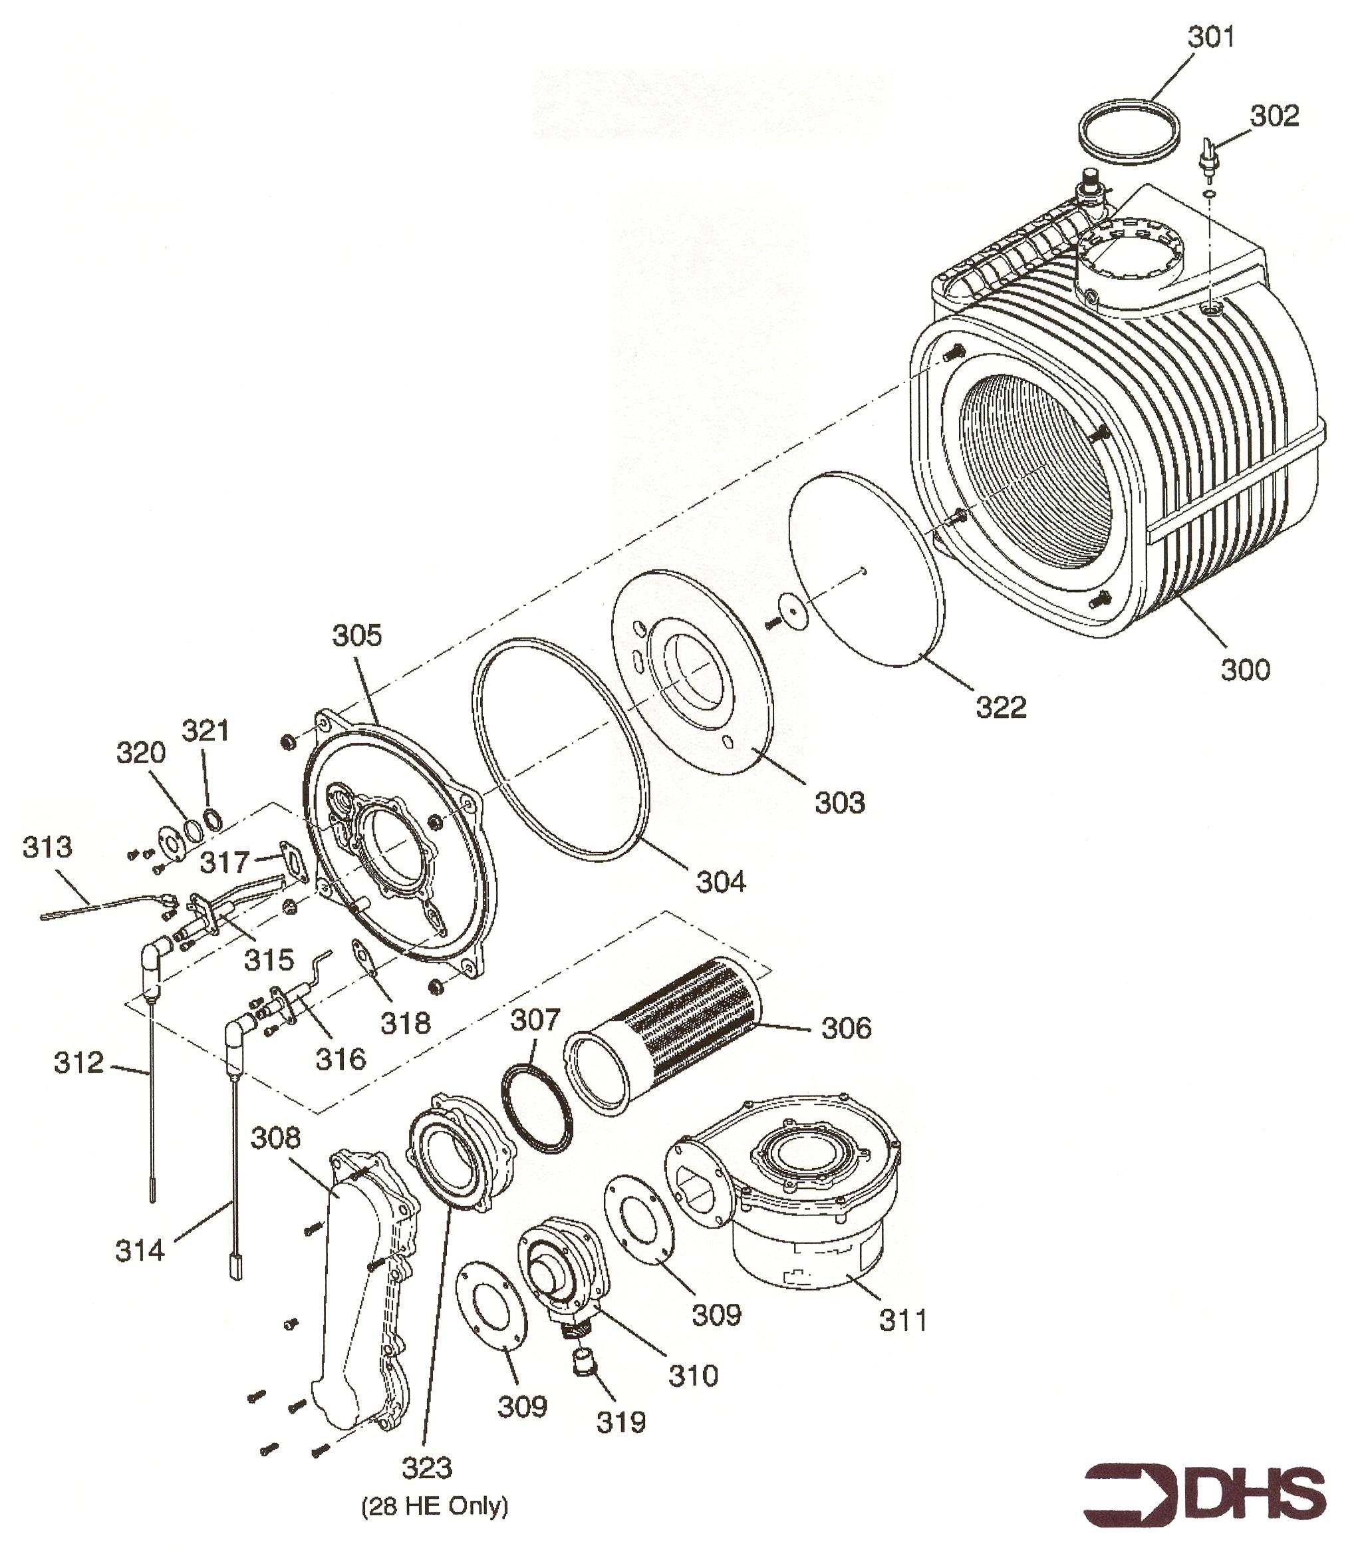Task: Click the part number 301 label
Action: (x=1210, y=37)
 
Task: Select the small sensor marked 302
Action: (x=1208, y=155)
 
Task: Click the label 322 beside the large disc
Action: (x=1001, y=706)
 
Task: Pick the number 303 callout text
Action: (x=839, y=802)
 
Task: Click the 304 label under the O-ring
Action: (x=721, y=882)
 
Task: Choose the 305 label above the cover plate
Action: (x=357, y=635)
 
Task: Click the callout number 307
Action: (x=535, y=1020)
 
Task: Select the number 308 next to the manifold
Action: (x=276, y=1138)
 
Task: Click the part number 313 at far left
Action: (x=47, y=846)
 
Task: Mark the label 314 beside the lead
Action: (x=140, y=1251)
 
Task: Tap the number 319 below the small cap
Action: (x=621, y=1422)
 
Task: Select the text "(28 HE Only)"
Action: (x=434, y=1505)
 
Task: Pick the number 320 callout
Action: (x=140, y=753)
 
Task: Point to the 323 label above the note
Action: (x=427, y=1468)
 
